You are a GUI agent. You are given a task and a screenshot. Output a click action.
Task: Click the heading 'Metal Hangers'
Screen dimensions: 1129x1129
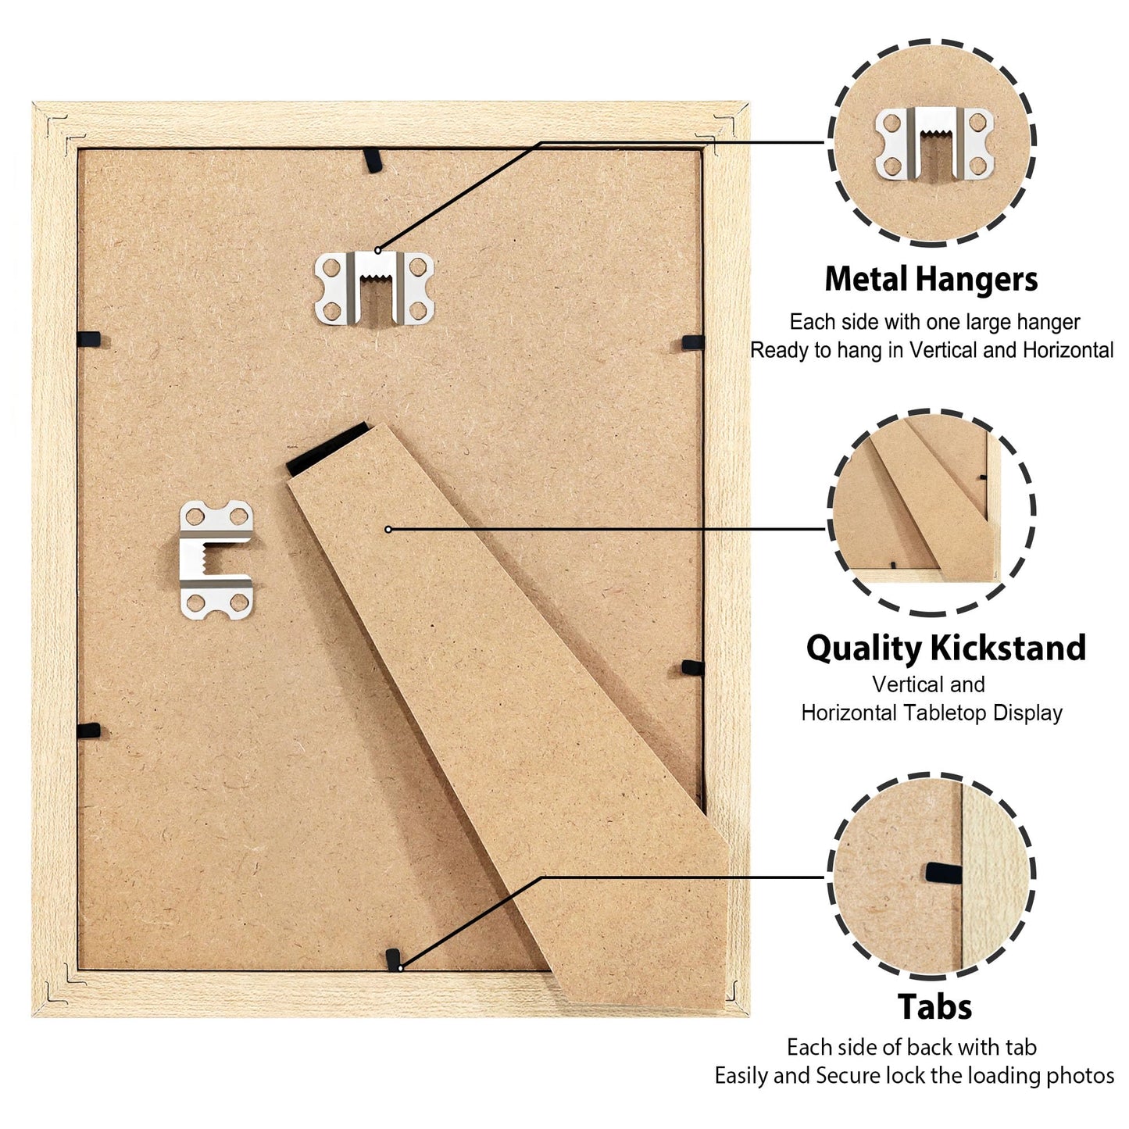pos(931,279)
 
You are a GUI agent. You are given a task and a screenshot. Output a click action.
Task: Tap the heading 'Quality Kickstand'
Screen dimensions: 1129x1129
pos(945,648)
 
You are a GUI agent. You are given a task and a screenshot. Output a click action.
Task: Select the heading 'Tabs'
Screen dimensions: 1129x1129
pos(934,1006)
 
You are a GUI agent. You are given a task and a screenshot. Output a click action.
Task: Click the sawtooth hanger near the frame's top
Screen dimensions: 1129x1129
pos(374,288)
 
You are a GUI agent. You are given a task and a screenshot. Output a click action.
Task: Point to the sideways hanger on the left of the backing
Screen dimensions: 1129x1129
pos(216,560)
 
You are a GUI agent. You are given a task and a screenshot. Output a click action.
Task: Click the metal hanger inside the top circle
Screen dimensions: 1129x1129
pos(934,144)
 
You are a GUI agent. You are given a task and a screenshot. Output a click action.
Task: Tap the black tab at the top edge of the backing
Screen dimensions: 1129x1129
pos(372,159)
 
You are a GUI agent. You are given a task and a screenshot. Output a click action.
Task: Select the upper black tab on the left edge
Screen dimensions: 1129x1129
pos(89,338)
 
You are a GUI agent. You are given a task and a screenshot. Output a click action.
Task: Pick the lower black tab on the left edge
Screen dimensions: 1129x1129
pos(89,730)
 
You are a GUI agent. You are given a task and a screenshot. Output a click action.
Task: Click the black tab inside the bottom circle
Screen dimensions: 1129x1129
pos(944,874)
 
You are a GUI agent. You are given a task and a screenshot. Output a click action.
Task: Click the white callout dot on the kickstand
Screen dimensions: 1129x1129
pos(388,529)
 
